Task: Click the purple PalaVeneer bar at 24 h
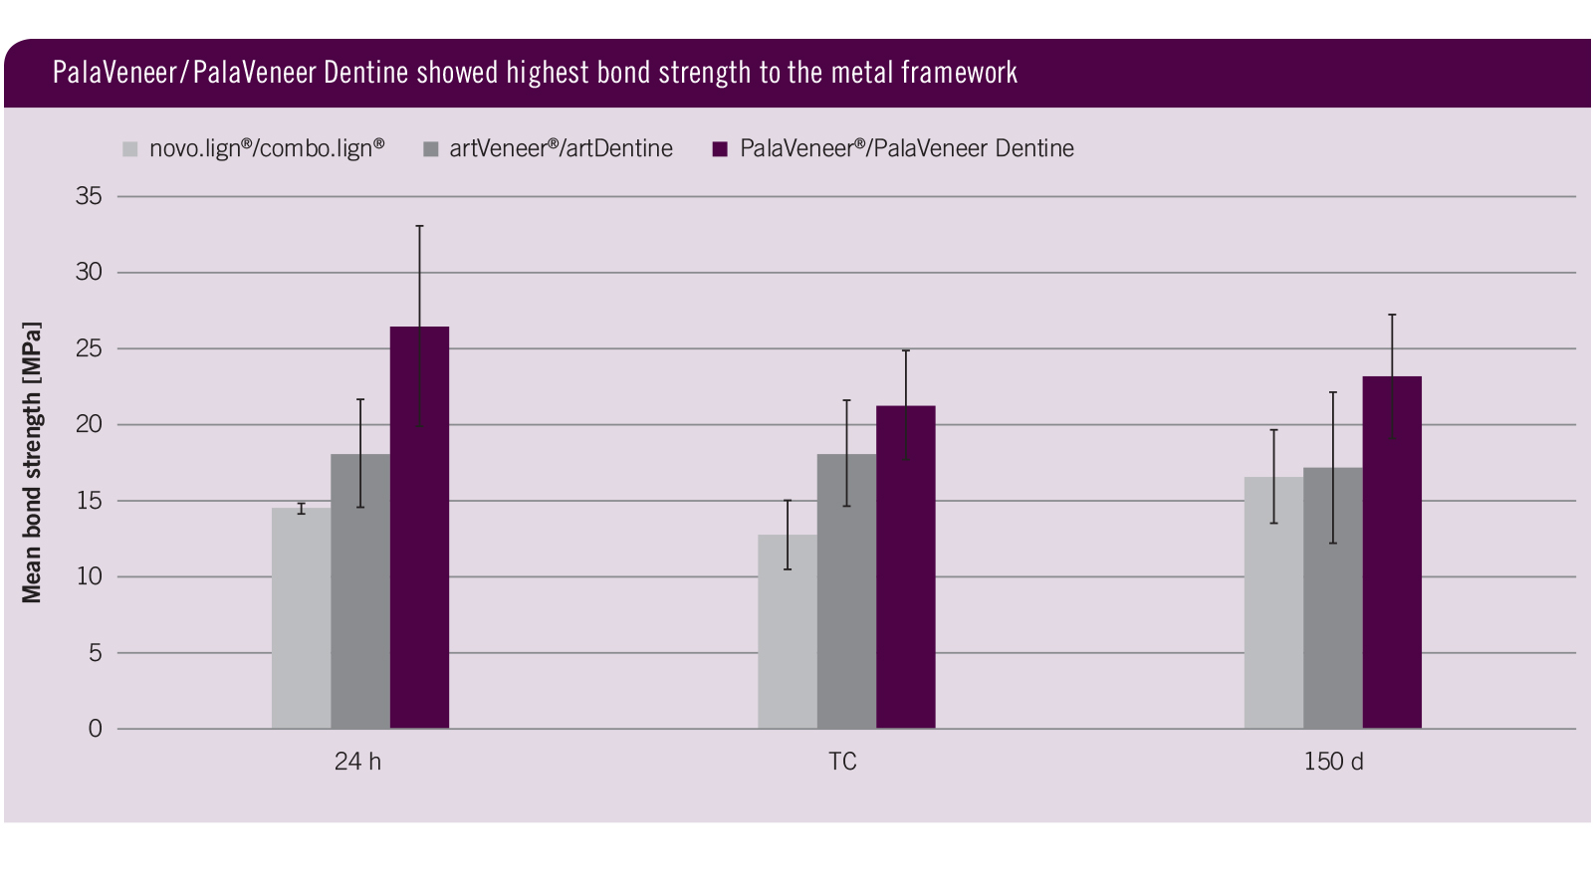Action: [419, 528]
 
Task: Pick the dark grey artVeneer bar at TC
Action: [846, 591]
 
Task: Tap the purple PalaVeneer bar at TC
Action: [905, 567]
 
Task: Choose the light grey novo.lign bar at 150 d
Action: [1273, 603]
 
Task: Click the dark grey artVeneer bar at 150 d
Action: [1332, 598]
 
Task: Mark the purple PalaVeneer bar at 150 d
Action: [1392, 553]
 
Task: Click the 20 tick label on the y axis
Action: [89, 424]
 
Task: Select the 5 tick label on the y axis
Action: [96, 653]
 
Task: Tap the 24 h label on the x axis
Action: [357, 762]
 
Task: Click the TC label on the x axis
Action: [842, 762]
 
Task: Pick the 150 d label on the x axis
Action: [1333, 762]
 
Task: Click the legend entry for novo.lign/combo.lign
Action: [266, 149]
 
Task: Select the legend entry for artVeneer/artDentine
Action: [561, 149]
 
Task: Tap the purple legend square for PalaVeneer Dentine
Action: [721, 149]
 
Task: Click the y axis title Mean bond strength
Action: [32, 462]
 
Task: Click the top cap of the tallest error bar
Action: [419, 226]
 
